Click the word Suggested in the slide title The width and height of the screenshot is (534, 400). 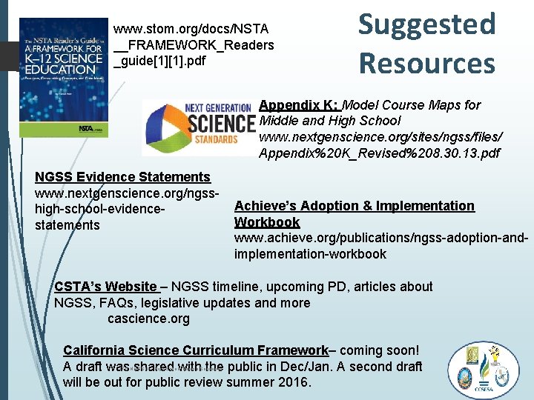(x=427, y=24)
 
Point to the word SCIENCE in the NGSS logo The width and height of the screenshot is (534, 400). (x=221, y=122)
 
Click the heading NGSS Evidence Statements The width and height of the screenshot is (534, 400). (x=123, y=176)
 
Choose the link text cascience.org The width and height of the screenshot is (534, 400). (x=148, y=319)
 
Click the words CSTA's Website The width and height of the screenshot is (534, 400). (x=105, y=287)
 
